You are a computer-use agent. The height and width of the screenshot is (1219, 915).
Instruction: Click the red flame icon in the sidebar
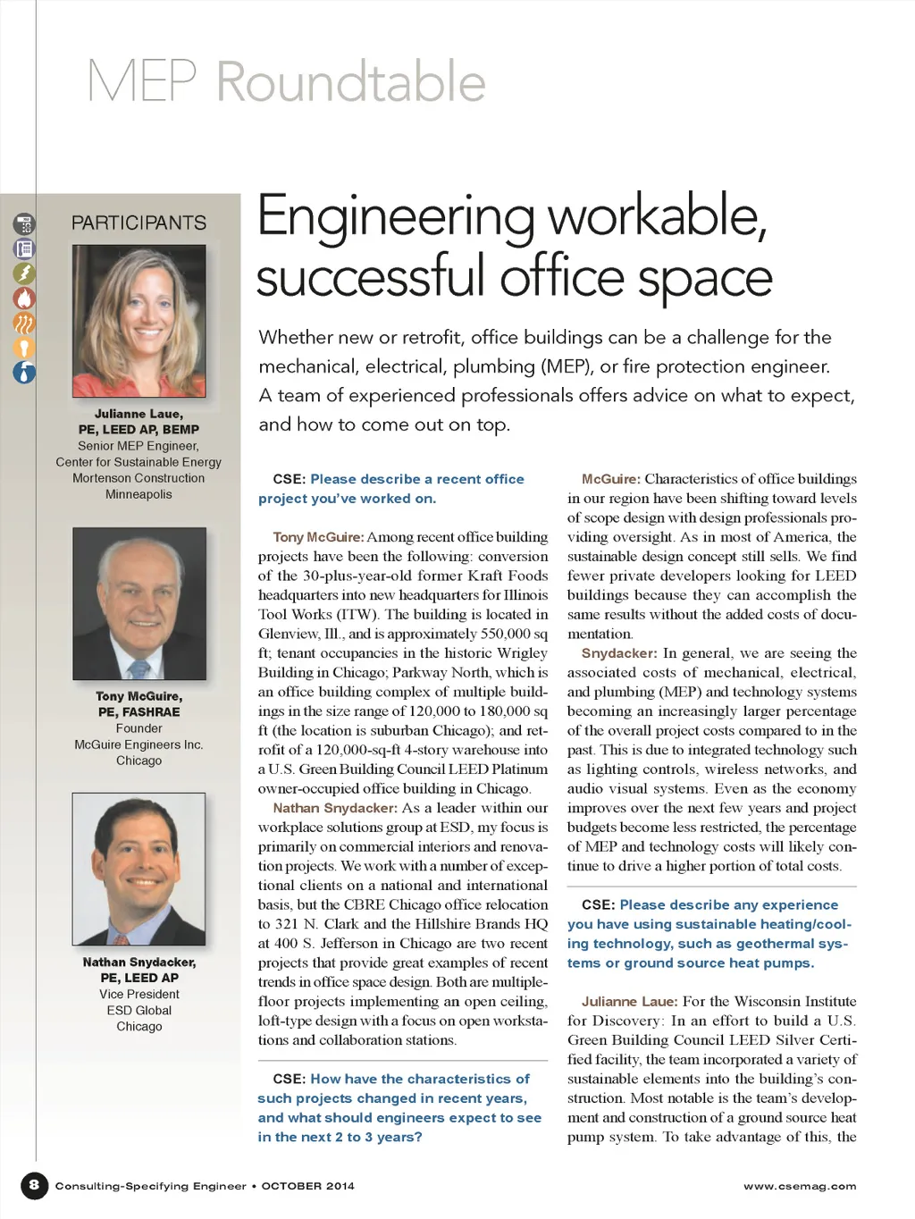point(24,298)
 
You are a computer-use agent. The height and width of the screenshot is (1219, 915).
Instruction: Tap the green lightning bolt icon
point(24,273)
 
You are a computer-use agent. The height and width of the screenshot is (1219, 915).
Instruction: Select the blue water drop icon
point(24,372)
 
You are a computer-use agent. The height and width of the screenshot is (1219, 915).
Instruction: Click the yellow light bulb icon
point(24,348)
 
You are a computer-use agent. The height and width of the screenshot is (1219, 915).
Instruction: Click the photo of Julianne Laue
point(139,321)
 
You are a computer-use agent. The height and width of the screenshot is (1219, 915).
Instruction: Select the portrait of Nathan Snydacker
point(139,869)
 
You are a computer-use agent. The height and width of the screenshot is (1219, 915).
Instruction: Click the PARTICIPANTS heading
point(139,223)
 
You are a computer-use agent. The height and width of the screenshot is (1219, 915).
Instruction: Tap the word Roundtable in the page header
point(351,82)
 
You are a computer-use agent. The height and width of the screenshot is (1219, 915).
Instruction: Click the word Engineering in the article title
point(396,217)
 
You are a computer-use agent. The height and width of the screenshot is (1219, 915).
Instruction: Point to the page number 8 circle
point(34,1186)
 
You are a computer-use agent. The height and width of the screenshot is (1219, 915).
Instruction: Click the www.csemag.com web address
point(800,1187)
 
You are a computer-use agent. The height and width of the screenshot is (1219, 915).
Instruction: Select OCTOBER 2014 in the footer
point(308,1187)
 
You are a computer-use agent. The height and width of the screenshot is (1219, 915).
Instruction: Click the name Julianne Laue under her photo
point(139,414)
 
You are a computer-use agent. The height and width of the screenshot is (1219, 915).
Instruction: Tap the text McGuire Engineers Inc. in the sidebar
point(139,744)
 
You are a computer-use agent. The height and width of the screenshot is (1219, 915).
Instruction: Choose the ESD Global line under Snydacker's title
point(139,1010)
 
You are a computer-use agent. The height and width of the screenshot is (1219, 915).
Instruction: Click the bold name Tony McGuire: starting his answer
point(318,537)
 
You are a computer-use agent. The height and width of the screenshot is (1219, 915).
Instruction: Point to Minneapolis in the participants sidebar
point(139,494)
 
